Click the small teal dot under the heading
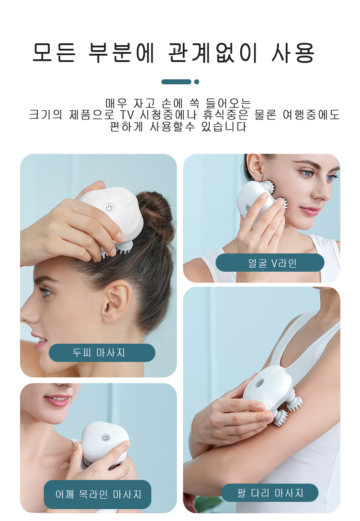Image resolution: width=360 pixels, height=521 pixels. [x=196, y=82]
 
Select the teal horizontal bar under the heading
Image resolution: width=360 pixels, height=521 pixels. [x=176, y=82]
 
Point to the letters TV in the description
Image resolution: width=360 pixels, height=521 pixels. [x=127, y=115]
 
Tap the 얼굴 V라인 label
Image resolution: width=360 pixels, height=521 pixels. [x=270, y=263]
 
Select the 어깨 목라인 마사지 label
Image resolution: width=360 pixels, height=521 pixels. [x=98, y=495]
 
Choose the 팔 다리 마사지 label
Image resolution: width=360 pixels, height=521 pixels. [x=270, y=493]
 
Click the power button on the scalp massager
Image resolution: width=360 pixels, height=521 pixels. [x=108, y=208]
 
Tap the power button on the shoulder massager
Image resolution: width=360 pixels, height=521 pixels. [x=105, y=438]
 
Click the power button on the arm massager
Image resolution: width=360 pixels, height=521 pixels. [x=259, y=383]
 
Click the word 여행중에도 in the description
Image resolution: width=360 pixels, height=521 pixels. [x=311, y=115]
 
